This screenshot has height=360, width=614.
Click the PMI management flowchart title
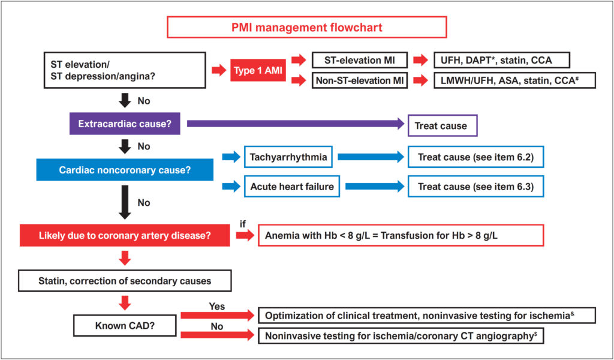pos(306,28)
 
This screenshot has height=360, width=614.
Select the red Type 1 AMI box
pos(258,70)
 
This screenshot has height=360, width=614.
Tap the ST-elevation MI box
pos(360,61)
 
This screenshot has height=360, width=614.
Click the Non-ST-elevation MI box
pos(360,80)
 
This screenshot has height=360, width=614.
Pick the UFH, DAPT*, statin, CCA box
pos(502,61)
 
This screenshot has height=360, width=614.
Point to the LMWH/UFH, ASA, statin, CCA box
pos(514,80)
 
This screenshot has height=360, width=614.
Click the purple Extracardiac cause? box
pos(125,124)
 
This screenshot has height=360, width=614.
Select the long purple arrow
pos(296,124)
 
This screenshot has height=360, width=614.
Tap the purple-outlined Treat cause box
pos(443,125)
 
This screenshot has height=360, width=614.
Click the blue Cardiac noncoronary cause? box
pos(125,170)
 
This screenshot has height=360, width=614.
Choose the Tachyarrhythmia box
pos(288,157)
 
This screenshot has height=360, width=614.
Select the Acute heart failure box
pos(292,186)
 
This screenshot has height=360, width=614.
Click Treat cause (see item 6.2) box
pos(475,157)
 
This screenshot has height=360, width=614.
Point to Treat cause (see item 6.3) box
pos(475,186)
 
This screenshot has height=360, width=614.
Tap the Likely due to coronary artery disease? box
pos(125,235)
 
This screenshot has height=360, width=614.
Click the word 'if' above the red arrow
pos(243,224)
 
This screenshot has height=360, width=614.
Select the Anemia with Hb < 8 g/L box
pos(401,235)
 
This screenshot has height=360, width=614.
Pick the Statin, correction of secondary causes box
pos(125,281)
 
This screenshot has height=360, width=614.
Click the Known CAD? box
pos(125,325)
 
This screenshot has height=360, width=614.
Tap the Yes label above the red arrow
pos(217,306)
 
